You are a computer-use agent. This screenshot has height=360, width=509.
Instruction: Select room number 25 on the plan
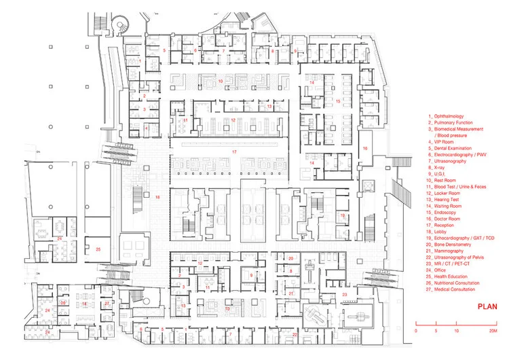98,249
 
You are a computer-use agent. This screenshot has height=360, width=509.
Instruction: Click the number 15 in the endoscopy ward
337,100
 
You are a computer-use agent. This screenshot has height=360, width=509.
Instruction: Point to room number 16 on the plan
364,147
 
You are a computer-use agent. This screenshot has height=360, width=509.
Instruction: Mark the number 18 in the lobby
157,197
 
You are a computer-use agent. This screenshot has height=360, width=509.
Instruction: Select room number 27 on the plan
107,303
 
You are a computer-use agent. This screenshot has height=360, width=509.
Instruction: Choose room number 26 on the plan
63,303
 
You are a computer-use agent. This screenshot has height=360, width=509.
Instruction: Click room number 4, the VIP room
145,127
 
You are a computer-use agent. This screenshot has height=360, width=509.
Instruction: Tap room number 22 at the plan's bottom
294,335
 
